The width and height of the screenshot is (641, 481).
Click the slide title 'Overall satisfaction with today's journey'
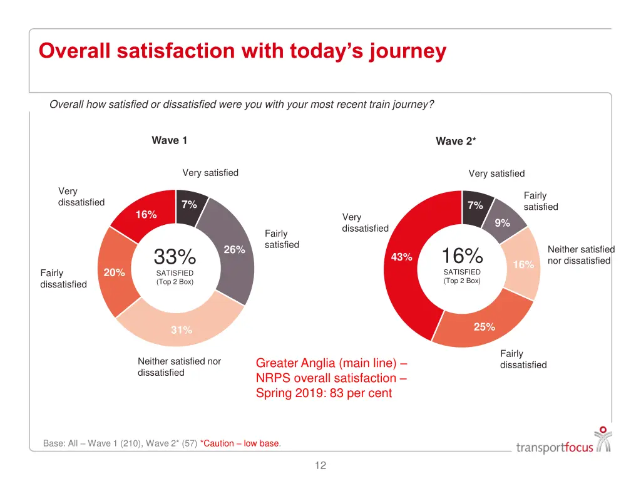coord(242,51)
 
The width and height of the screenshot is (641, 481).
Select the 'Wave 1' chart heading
coord(169,140)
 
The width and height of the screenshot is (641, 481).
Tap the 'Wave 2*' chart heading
coord(455,142)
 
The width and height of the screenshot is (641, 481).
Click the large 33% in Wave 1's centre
coord(175,257)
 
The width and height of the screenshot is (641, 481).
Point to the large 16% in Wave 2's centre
coord(462,256)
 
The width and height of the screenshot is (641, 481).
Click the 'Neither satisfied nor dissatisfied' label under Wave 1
coord(179,367)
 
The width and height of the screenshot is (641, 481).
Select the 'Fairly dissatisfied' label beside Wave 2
coord(523,359)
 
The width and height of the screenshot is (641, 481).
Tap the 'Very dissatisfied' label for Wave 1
coord(81,197)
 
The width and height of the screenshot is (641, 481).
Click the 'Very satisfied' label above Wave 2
coord(496,173)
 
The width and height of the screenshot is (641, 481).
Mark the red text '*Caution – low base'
coord(240,443)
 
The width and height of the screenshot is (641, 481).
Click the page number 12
coord(320,465)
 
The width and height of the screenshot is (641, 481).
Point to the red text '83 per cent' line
coord(324,393)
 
